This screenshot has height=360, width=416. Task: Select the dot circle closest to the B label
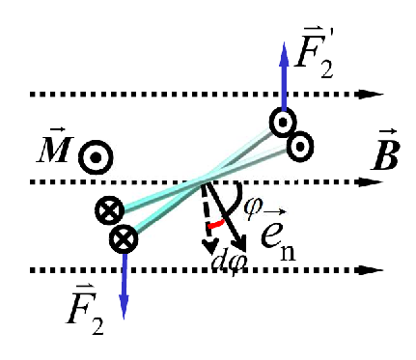(300, 146)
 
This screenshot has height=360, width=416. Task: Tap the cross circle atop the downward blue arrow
(123, 237)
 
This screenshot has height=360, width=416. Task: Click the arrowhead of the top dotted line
(366, 95)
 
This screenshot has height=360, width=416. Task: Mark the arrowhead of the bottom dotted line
(366, 270)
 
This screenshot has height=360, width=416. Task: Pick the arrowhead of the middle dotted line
(366, 181)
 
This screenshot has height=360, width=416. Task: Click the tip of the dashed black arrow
(210, 250)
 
